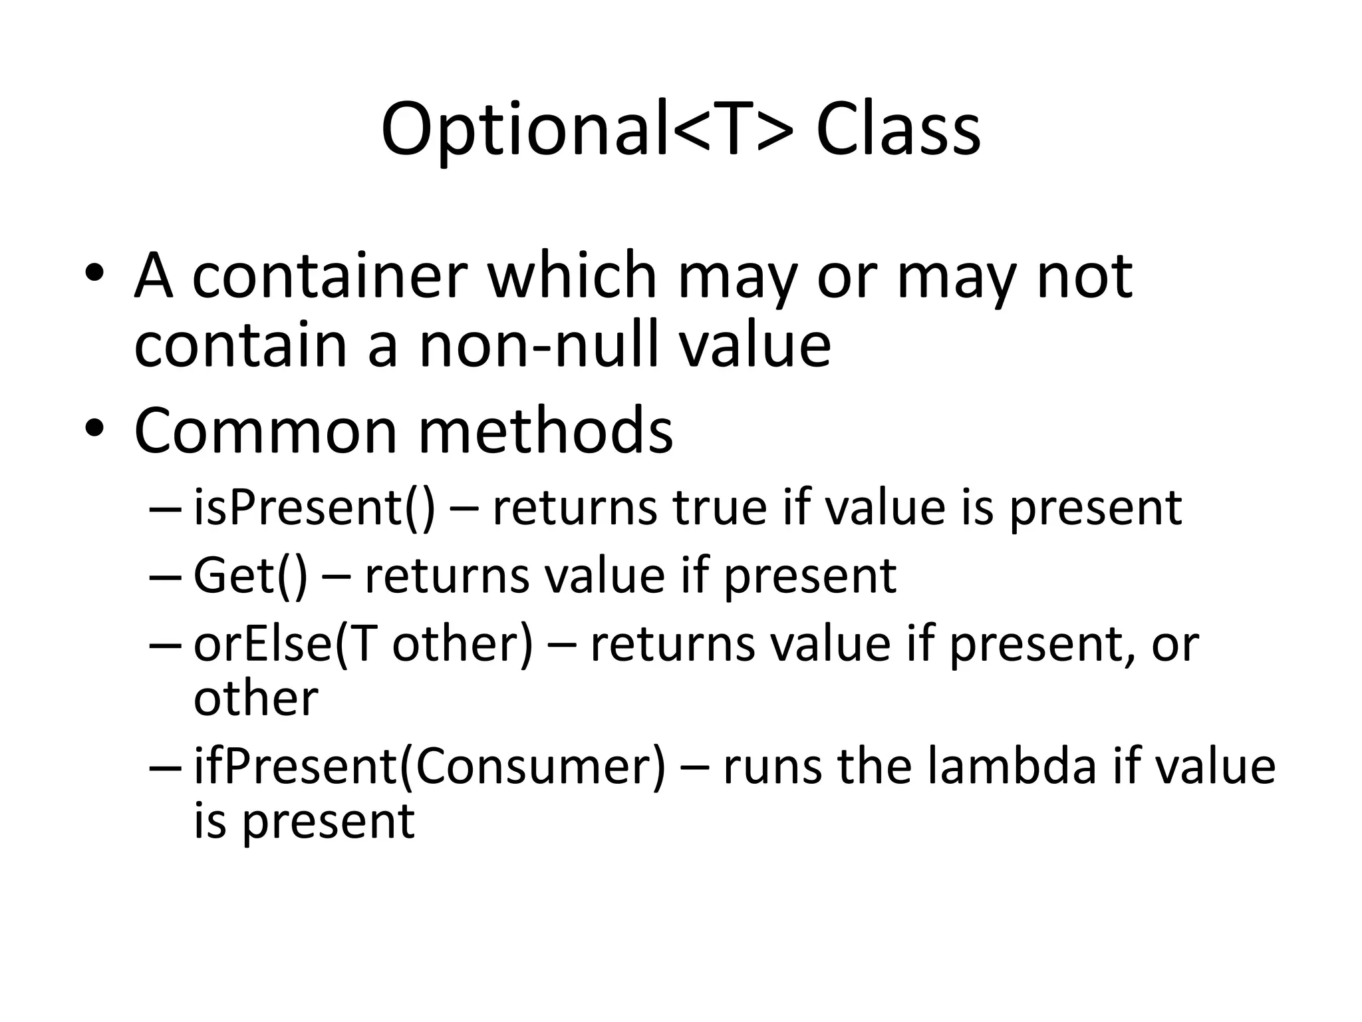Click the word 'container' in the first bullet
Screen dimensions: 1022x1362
pyautogui.click(x=330, y=275)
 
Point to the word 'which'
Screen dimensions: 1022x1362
pyautogui.click(x=573, y=275)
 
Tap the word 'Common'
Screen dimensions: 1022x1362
pyautogui.click(x=265, y=431)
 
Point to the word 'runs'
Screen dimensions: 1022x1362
pyautogui.click(x=771, y=766)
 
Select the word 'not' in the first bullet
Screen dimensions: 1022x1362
pyautogui.click(x=1085, y=275)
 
